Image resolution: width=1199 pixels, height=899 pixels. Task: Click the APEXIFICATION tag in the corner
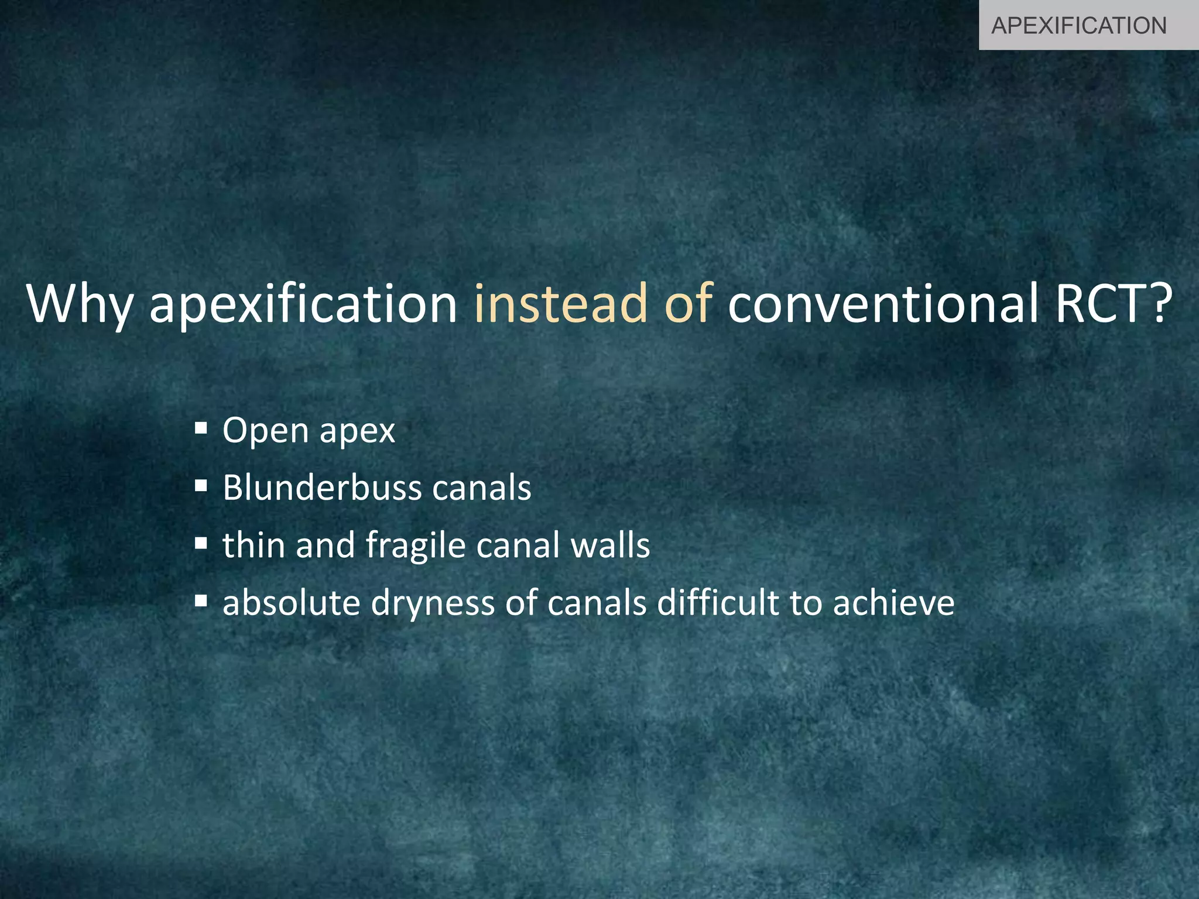[1079, 26]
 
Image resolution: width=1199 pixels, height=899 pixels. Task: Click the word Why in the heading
[80, 304]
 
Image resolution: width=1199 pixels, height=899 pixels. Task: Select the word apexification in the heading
[303, 304]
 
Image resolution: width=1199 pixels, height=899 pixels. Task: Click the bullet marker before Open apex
[201, 428]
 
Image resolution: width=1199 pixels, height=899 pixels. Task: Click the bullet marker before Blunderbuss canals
[201, 485]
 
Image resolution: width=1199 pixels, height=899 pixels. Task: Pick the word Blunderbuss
[322, 488]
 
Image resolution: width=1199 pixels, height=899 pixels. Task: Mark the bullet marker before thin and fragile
[201, 543]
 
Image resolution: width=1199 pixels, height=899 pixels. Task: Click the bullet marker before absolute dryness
[201, 601]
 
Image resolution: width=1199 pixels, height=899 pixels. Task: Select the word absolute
[291, 603]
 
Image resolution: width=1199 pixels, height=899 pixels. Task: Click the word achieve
[893, 603]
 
